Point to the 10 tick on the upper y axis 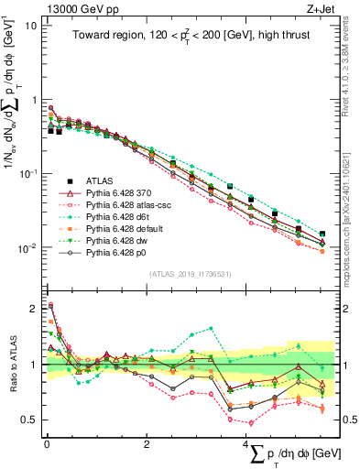(x=31, y=25)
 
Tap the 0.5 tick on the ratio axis (x=29, y=420)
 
